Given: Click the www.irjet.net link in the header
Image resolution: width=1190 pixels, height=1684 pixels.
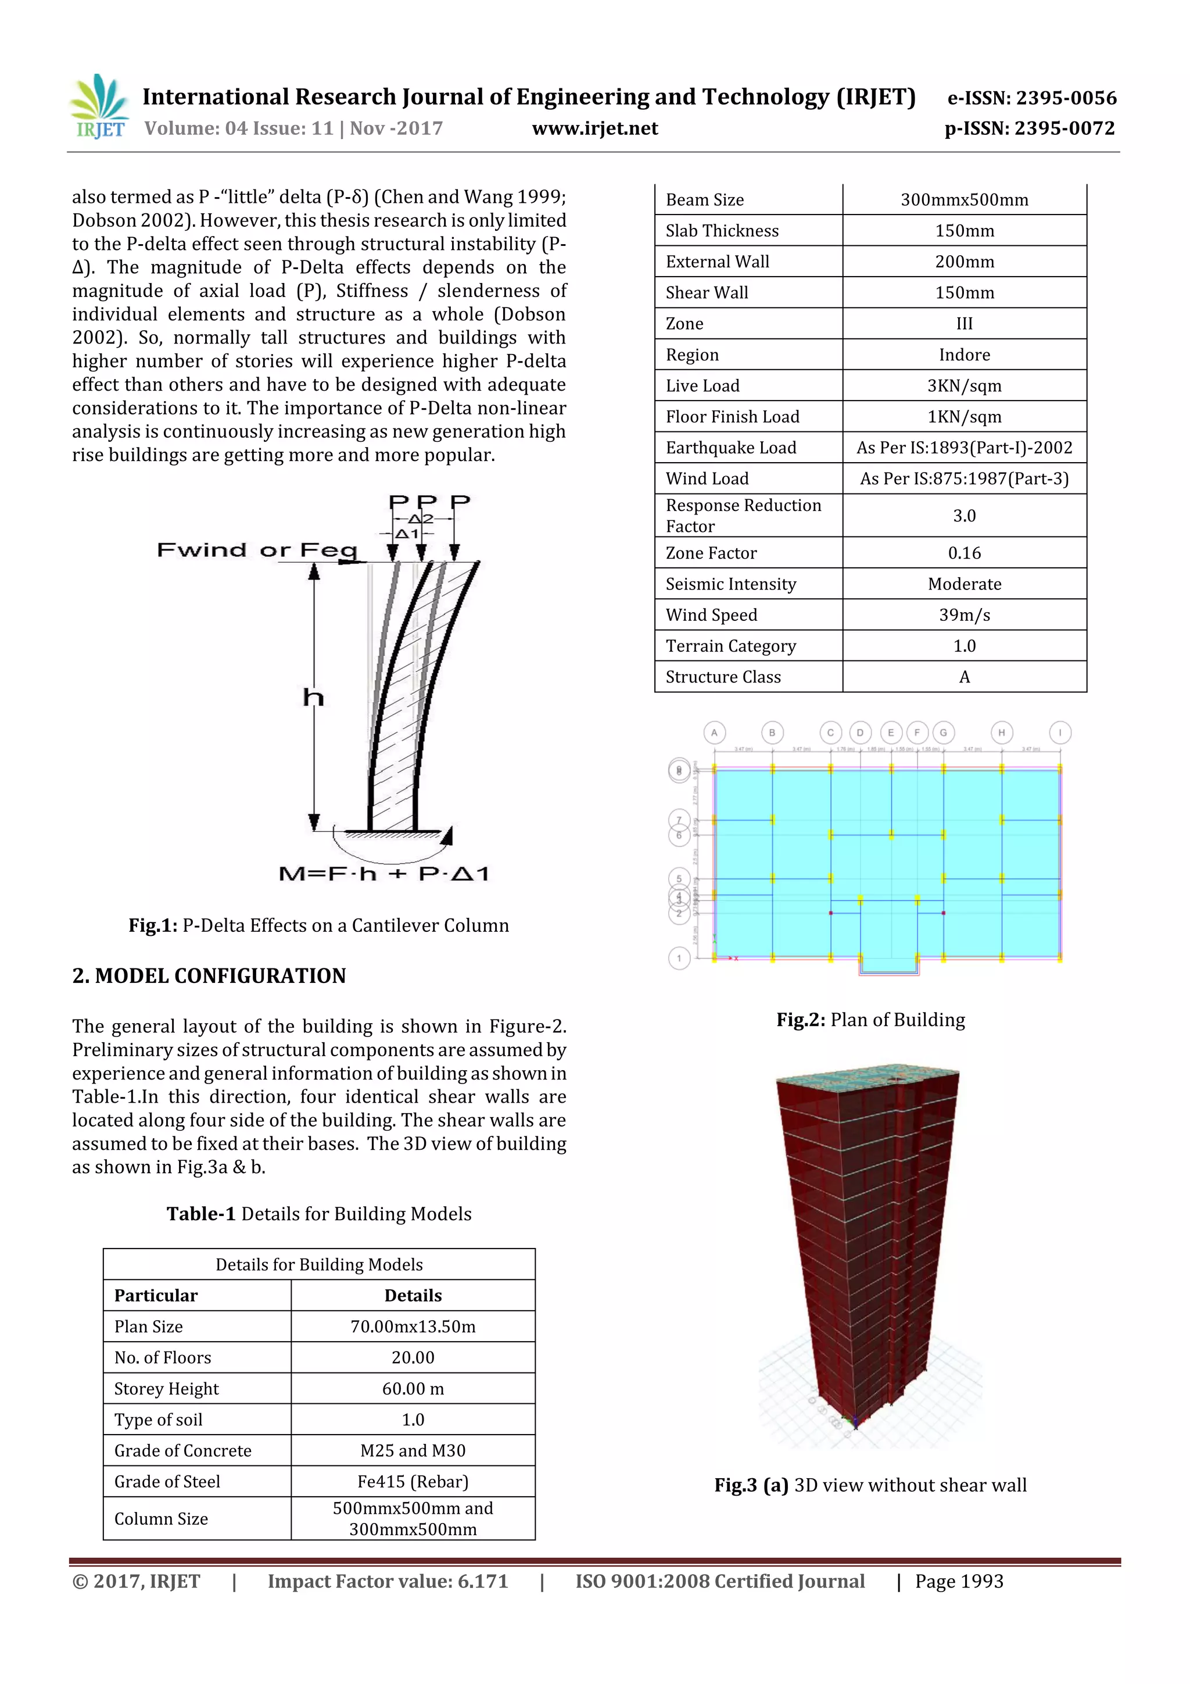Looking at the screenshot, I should coord(594,128).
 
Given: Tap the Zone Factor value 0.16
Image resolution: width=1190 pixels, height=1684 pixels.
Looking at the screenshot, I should coord(964,553).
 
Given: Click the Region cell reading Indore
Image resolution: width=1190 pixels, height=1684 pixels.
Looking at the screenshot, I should coord(964,355).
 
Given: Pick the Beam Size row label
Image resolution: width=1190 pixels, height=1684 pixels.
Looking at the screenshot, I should coord(705,200).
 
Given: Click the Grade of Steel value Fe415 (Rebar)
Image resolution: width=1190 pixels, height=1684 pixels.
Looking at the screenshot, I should coord(413,1482).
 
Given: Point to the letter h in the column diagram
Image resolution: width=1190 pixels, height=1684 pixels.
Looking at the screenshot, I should coord(313,697).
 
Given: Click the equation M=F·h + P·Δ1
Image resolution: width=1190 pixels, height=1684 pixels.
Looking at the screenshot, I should coord(383,874).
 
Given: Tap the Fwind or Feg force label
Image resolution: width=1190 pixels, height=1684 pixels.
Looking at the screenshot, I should coord(257,550).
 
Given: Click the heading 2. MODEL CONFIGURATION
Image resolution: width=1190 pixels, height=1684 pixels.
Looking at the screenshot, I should coord(209,976).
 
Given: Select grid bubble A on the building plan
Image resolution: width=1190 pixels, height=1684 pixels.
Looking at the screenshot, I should coord(714,732).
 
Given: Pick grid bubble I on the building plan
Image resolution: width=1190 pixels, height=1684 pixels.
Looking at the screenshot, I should coord(1059,732).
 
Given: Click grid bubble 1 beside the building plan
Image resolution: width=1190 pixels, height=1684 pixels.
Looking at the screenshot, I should coord(679,958).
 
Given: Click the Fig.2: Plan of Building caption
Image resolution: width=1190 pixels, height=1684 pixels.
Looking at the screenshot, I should coord(870,1020).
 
